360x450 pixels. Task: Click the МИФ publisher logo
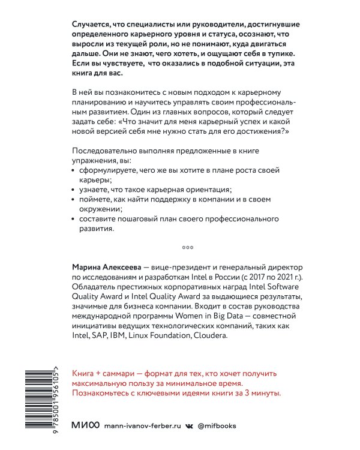(x=86, y=425)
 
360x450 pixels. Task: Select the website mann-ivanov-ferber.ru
(x=142, y=425)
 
